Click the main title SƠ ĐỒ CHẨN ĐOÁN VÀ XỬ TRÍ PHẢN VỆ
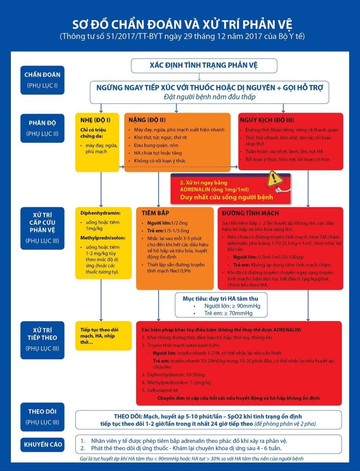pos(180,24)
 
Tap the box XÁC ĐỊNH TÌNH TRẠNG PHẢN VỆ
pos(204,66)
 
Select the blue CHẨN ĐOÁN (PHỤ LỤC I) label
pos(42,80)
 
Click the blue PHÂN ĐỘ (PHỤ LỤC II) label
pos(42,128)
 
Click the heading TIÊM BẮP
pos(155,213)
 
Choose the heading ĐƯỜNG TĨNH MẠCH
pos(250,213)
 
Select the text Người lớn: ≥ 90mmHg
pos(232,306)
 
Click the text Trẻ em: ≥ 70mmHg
pos(228,313)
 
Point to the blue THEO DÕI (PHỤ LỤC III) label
pos(42,416)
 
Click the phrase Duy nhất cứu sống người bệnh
pos(226,197)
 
